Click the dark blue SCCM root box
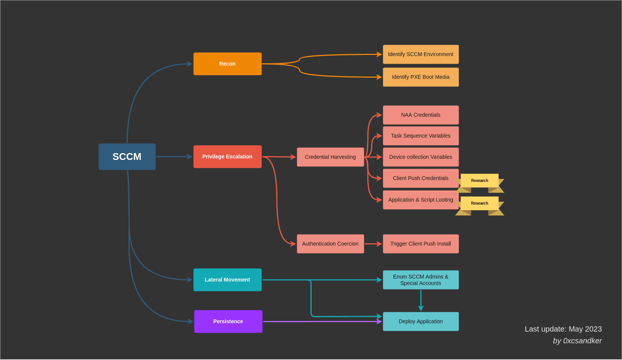[x=127, y=157]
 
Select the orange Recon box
[x=227, y=64]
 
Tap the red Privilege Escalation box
[x=227, y=157]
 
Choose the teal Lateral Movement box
[x=227, y=280]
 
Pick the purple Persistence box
[x=228, y=321]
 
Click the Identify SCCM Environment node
[x=421, y=54]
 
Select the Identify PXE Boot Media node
[x=421, y=77]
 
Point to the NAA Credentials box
[x=421, y=115]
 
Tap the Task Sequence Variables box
[x=421, y=136]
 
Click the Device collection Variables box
[x=421, y=157]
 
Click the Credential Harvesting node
[x=330, y=157]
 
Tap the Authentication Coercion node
[x=330, y=244]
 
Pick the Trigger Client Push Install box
[x=421, y=244]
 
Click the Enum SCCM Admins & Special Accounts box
[x=421, y=280]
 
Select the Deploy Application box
[x=421, y=321]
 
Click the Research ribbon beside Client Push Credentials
[x=479, y=181]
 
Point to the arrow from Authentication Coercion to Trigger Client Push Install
[x=373, y=244]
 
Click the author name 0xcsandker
[x=582, y=341]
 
